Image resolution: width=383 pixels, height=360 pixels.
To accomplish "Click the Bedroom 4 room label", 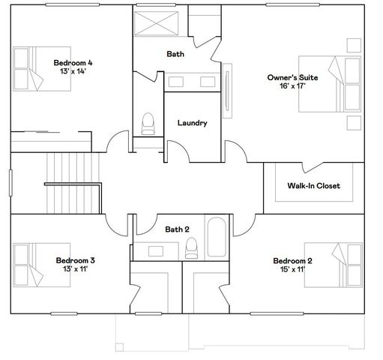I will (73, 62).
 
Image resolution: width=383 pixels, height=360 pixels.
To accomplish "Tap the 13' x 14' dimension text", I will (73, 72).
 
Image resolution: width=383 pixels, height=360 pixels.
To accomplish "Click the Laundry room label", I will (192, 123).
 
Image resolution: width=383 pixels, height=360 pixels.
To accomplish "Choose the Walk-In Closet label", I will (314, 185).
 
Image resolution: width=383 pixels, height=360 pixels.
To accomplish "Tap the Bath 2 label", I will (178, 229).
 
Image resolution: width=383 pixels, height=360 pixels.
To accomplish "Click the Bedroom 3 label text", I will (75, 260).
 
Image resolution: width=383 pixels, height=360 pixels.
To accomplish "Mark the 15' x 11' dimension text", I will (294, 270).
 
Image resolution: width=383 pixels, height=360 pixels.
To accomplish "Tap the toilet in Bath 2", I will (191, 248).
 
